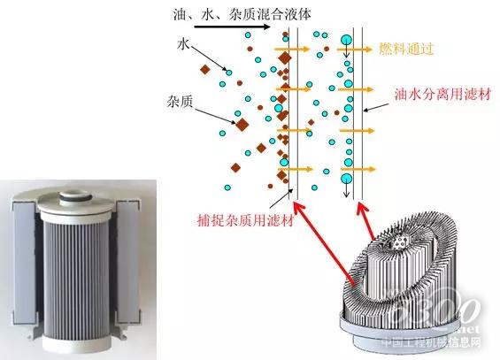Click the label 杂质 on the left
pyautogui.click(x=180, y=102)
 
